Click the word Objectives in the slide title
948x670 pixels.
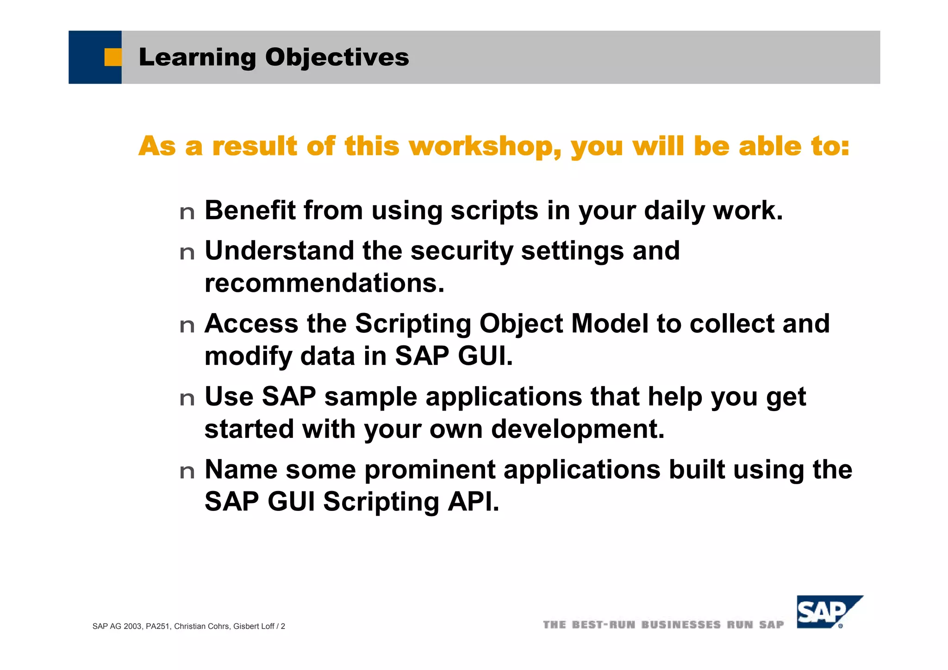337,58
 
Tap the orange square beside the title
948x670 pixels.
112,57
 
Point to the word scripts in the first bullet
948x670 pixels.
494,211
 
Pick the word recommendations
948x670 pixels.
324,283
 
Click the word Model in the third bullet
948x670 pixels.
610,323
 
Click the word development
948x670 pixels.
578,429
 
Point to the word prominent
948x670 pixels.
430,470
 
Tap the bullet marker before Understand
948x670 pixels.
187,253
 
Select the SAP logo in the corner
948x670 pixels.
828,612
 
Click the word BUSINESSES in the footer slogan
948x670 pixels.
681,625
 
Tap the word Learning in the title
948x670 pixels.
197,58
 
